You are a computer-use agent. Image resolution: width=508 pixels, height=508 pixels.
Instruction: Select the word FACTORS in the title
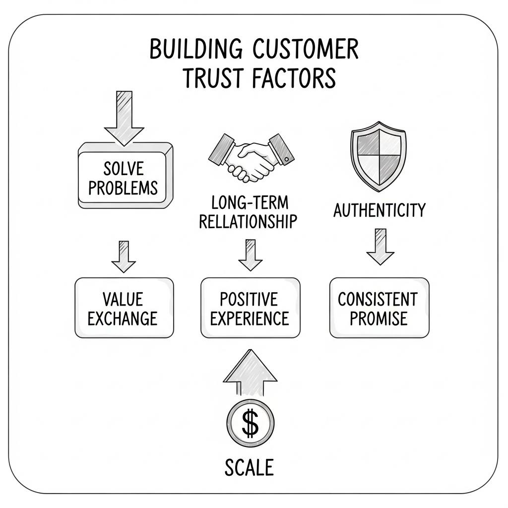point(294,78)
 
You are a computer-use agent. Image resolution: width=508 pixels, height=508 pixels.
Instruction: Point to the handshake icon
point(249,155)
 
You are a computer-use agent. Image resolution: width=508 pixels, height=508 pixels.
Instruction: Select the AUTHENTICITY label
point(379,210)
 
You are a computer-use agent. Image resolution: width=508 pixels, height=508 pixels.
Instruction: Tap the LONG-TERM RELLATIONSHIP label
point(249,212)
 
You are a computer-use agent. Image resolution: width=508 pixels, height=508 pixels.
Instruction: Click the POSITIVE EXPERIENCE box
point(250,308)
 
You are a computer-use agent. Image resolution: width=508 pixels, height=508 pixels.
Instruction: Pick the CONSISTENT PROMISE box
point(379,308)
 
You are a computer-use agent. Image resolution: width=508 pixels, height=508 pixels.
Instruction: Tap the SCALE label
point(249,467)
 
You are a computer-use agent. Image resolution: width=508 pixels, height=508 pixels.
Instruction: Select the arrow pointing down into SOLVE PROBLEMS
point(124,115)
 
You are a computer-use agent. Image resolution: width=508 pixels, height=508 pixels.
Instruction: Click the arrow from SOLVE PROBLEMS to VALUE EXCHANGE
point(124,256)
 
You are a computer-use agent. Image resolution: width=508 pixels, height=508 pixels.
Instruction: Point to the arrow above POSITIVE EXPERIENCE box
point(250,255)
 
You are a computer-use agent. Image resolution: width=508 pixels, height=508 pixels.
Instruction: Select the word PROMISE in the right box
point(379,318)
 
